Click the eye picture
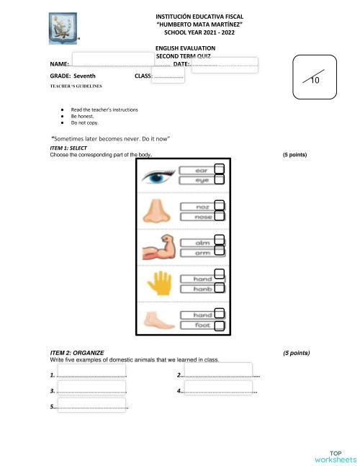[156, 176]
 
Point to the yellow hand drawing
[156, 283]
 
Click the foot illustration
[156, 319]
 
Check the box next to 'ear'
[220, 169]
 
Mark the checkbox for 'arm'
[220, 251]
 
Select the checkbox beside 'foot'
[220, 326]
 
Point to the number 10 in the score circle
[315, 81]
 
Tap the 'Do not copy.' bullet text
[84, 122]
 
